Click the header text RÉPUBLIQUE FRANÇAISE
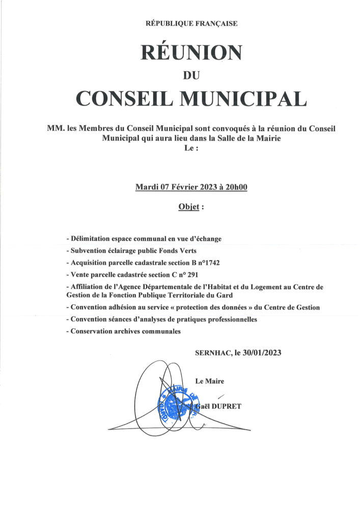191,23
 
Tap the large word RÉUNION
191,52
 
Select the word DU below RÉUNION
191,75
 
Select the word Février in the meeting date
184,187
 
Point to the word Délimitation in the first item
91,239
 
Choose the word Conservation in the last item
92,331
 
